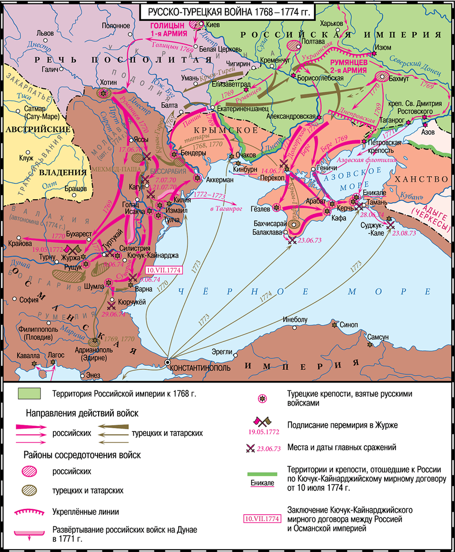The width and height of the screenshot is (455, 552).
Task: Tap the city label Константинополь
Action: [x=200, y=368]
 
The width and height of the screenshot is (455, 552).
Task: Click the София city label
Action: [x=29, y=299]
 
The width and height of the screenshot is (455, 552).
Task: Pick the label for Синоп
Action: [x=349, y=324]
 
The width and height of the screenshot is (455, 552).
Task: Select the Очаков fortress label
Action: [x=245, y=155]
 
